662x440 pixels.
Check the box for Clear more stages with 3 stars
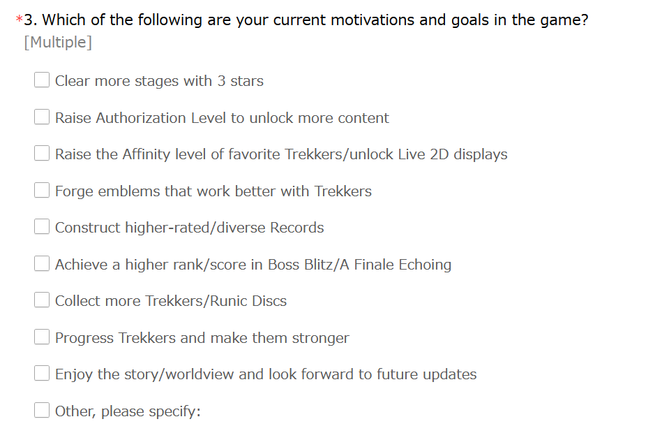click(x=42, y=80)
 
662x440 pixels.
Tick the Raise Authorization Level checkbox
click(x=42, y=117)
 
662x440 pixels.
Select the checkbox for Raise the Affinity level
click(x=42, y=153)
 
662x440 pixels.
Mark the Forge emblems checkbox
click(x=42, y=190)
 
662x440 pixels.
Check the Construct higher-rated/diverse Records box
click(x=42, y=226)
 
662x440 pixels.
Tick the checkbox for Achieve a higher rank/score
click(x=42, y=263)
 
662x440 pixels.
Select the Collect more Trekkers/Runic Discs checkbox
click(x=42, y=300)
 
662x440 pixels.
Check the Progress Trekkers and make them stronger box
click(x=42, y=337)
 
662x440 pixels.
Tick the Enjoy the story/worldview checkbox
click(x=42, y=373)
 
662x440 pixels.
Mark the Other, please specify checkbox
click(x=42, y=410)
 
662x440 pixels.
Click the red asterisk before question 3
click(x=19, y=19)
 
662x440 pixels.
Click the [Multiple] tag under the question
click(x=58, y=43)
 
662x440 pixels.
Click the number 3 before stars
click(x=221, y=81)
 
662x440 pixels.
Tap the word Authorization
click(x=141, y=118)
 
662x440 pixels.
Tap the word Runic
click(x=228, y=301)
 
